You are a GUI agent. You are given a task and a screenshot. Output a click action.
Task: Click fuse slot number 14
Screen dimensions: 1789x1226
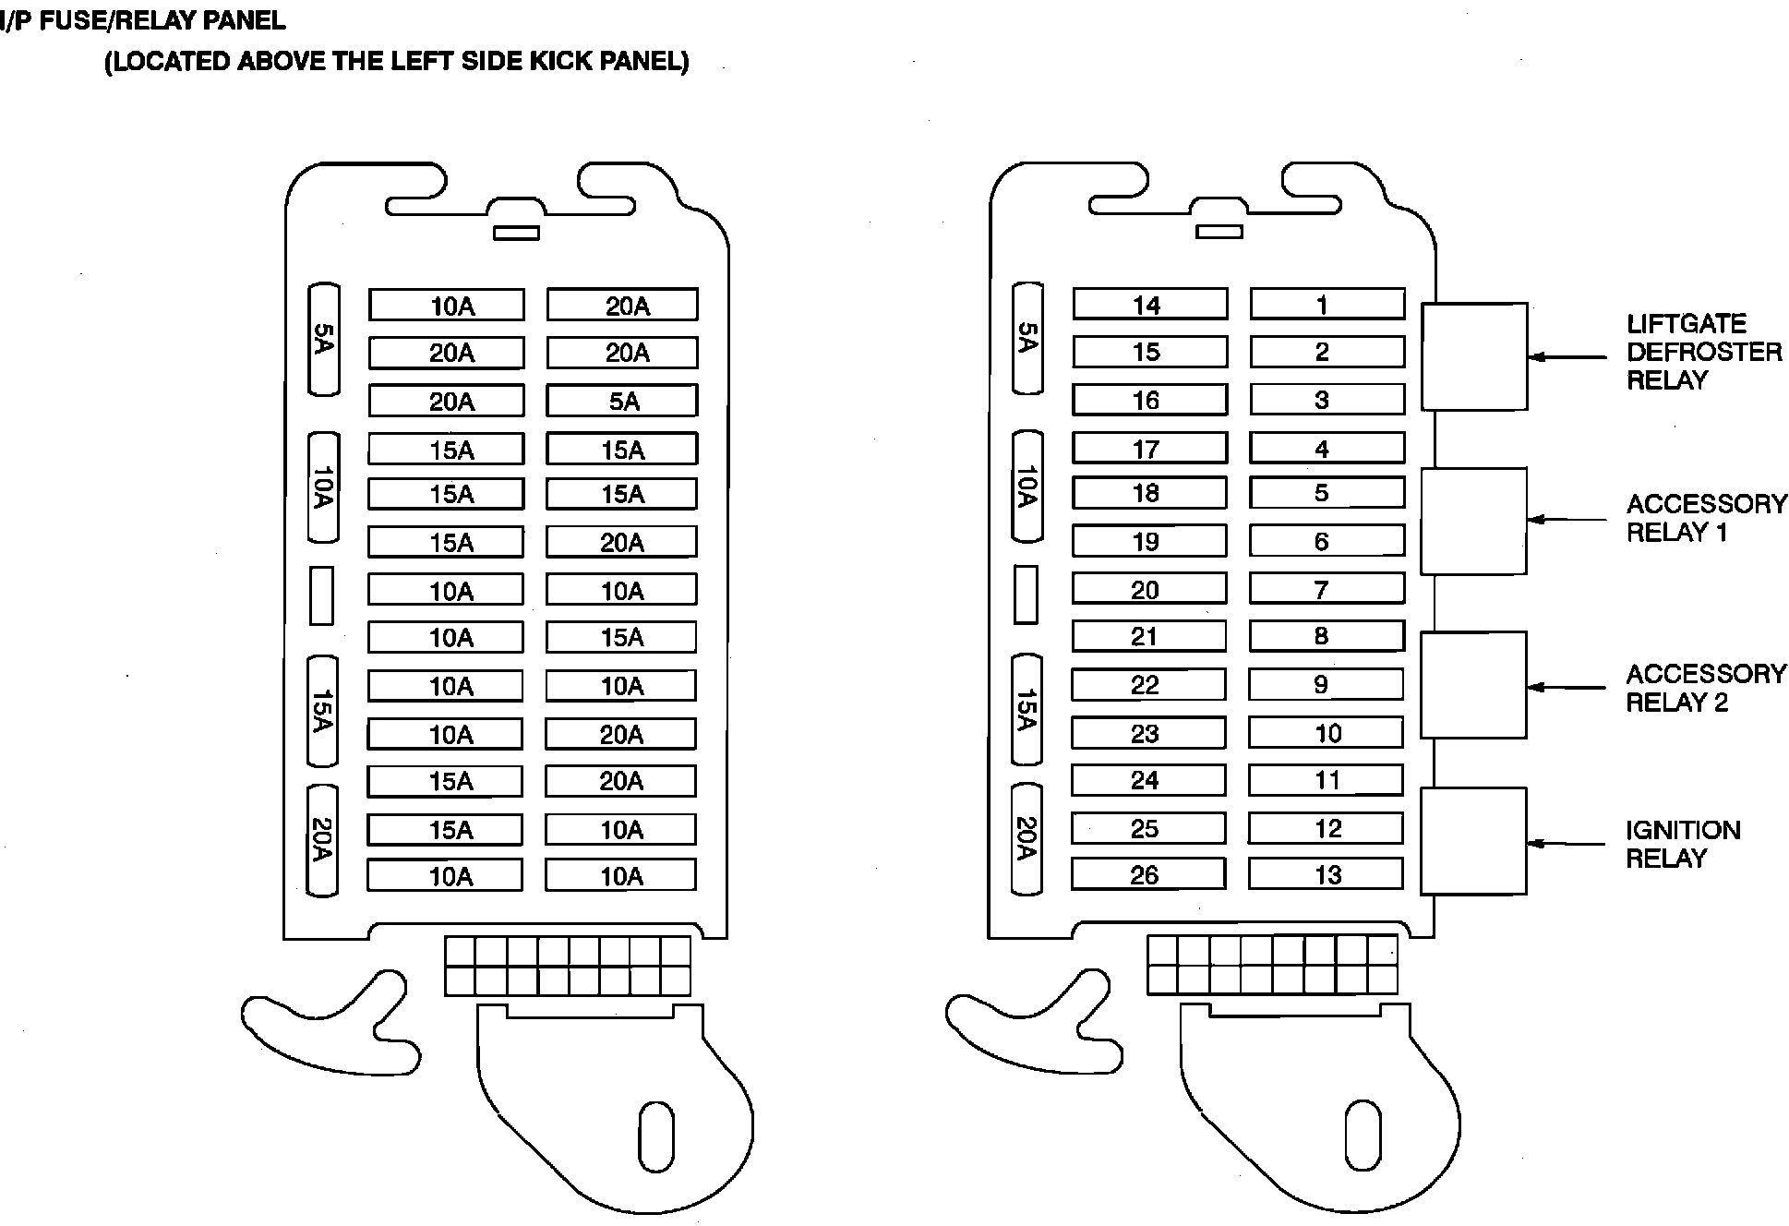point(1149,305)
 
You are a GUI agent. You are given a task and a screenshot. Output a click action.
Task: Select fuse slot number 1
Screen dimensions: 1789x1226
point(1327,305)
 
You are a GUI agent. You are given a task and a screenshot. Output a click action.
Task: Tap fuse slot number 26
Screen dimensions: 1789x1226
point(1147,874)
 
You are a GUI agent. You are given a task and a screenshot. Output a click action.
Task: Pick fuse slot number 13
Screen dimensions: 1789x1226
point(1325,874)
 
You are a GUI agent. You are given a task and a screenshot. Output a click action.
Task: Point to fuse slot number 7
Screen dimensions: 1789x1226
point(1326,589)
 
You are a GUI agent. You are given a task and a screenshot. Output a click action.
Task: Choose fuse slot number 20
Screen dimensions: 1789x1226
point(1147,589)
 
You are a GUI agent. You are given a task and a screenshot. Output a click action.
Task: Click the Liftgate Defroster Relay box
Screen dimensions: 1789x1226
point(1473,356)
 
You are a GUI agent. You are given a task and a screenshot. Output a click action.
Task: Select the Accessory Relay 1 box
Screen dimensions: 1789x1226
point(1472,521)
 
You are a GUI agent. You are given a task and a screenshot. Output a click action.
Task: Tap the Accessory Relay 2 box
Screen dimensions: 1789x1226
point(1472,685)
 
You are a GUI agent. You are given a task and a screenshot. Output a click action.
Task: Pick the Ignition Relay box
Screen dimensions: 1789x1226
point(1472,841)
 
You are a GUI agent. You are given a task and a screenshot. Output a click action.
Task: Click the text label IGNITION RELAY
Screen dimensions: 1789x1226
point(1682,844)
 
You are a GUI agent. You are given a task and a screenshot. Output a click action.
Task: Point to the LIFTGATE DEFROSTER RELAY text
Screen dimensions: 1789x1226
point(1703,352)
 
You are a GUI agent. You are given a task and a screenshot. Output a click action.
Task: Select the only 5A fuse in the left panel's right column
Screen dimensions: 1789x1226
point(622,402)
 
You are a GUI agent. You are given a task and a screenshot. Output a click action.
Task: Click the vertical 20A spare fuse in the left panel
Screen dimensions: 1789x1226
point(322,840)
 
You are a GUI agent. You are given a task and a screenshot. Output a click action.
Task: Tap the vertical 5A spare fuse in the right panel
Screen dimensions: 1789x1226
point(1027,338)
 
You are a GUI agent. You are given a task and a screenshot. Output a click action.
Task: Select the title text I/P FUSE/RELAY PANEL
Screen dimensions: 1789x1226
point(143,19)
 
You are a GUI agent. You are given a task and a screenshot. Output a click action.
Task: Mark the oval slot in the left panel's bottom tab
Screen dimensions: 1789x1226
point(655,1136)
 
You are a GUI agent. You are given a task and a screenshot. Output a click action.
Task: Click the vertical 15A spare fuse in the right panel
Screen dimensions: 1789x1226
point(1027,710)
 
